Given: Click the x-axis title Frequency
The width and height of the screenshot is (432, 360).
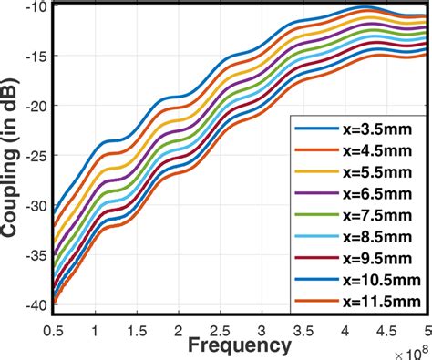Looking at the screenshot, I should click(240, 346).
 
